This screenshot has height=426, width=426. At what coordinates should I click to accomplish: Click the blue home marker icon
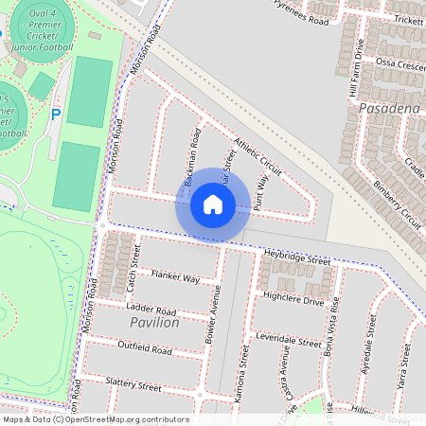[x=213, y=204]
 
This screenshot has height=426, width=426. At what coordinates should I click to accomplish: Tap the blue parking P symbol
[x=55, y=115]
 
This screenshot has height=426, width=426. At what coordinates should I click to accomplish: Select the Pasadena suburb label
[x=388, y=110]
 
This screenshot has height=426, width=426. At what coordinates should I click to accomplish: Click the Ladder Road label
[x=152, y=310]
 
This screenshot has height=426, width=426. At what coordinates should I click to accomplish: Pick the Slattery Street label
[x=133, y=384]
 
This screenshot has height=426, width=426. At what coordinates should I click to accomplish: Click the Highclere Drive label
[x=294, y=300]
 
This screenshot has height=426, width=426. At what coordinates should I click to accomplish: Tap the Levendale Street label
[x=288, y=341]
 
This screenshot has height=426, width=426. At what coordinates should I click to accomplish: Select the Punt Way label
[x=261, y=184]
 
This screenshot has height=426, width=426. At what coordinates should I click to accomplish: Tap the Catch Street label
[x=133, y=269]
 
